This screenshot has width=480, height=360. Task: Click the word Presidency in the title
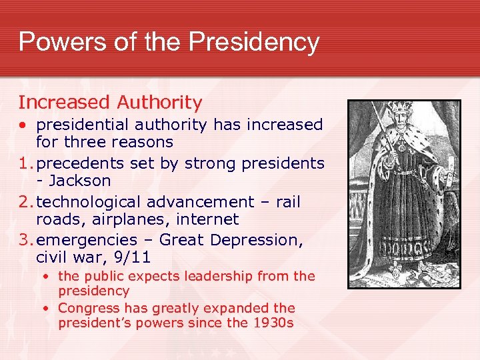tap(254, 41)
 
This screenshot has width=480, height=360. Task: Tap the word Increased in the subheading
tap(63, 102)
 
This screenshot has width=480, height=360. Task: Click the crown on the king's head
tap(400, 109)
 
